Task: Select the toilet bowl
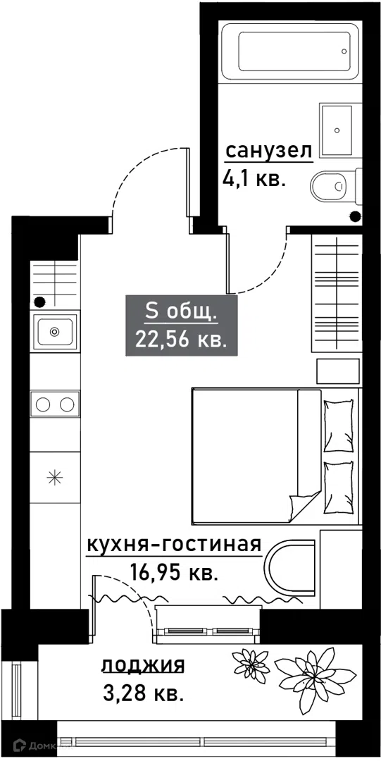pyautogui.click(x=336, y=186)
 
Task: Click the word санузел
pyautogui.click(x=268, y=152)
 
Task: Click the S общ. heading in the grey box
pyautogui.click(x=181, y=313)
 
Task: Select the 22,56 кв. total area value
pyautogui.click(x=181, y=339)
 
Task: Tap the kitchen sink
pyautogui.click(x=55, y=332)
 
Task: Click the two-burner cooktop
pyautogui.click(x=55, y=403)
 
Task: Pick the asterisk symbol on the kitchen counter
pyautogui.click(x=54, y=478)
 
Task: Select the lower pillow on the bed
pyautogui.click(x=339, y=488)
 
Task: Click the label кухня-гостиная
pyautogui.click(x=174, y=545)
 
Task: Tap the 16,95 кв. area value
pyautogui.click(x=173, y=573)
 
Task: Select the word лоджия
pyautogui.click(x=143, y=665)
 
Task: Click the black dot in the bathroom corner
pyautogui.click(x=356, y=216)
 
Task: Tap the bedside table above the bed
pyautogui.click(x=338, y=372)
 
